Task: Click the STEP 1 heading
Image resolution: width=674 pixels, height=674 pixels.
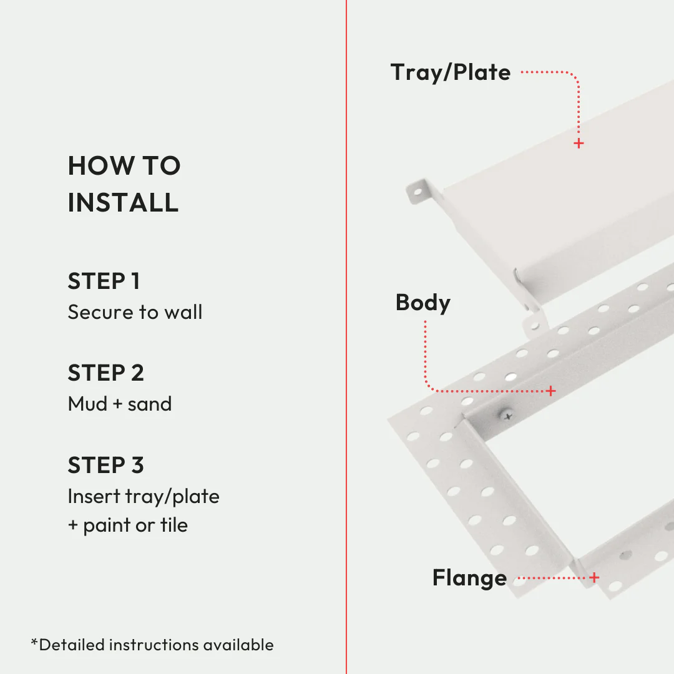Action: pyautogui.click(x=104, y=281)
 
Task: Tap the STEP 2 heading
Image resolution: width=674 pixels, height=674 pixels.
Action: pyautogui.click(x=105, y=373)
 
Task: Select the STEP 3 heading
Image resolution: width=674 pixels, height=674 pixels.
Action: pyautogui.click(x=105, y=466)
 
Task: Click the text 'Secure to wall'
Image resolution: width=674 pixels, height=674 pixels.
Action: pyautogui.click(x=135, y=312)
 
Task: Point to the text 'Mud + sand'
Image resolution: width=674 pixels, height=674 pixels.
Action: pyautogui.click(x=119, y=404)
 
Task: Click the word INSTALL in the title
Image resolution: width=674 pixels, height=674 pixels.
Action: pyautogui.click(x=123, y=203)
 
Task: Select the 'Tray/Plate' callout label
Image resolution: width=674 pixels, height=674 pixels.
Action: pyautogui.click(x=450, y=72)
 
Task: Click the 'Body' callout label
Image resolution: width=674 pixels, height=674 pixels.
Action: pyautogui.click(x=422, y=303)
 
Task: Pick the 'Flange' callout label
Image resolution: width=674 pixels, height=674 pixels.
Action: pyautogui.click(x=469, y=578)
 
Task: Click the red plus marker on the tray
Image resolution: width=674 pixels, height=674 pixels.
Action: pyautogui.click(x=579, y=144)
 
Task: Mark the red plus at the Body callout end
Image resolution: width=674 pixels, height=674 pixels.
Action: pyautogui.click(x=550, y=391)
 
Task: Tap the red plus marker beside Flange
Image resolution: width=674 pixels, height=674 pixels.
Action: pyautogui.click(x=594, y=578)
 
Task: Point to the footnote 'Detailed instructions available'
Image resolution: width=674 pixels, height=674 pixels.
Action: pyautogui.click(x=156, y=645)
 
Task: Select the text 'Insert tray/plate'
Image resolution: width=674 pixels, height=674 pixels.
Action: pyautogui.click(x=144, y=496)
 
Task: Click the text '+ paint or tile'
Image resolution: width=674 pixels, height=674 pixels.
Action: pyautogui.click(x=127, y=525)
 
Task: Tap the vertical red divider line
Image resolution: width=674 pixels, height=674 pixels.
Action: pyautogui.click(x=346, y=337)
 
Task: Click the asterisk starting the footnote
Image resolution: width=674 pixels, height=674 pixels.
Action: pyautogui.click(x=34, y=642)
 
